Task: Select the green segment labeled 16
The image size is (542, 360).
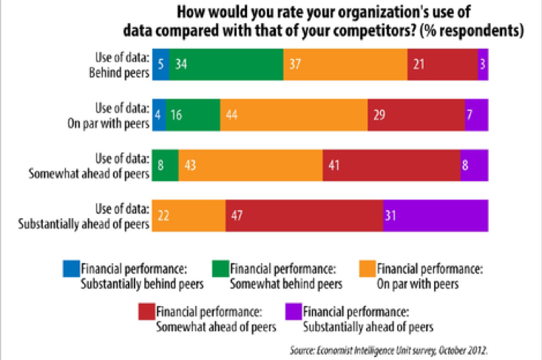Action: click(x=192, y=115)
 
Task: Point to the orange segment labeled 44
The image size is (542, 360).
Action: click(x=294, y=115)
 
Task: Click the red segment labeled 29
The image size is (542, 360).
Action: click(x=416, y=115)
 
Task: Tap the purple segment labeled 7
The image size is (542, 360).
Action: click(x=476, y=115)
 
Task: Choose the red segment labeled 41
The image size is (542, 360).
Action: click(x=391, y=165)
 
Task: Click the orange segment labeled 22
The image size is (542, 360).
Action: click(x=189, y=215)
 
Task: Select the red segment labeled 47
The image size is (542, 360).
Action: click(x=304, y=215)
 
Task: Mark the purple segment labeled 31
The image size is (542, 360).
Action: click(x=436, y=215)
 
